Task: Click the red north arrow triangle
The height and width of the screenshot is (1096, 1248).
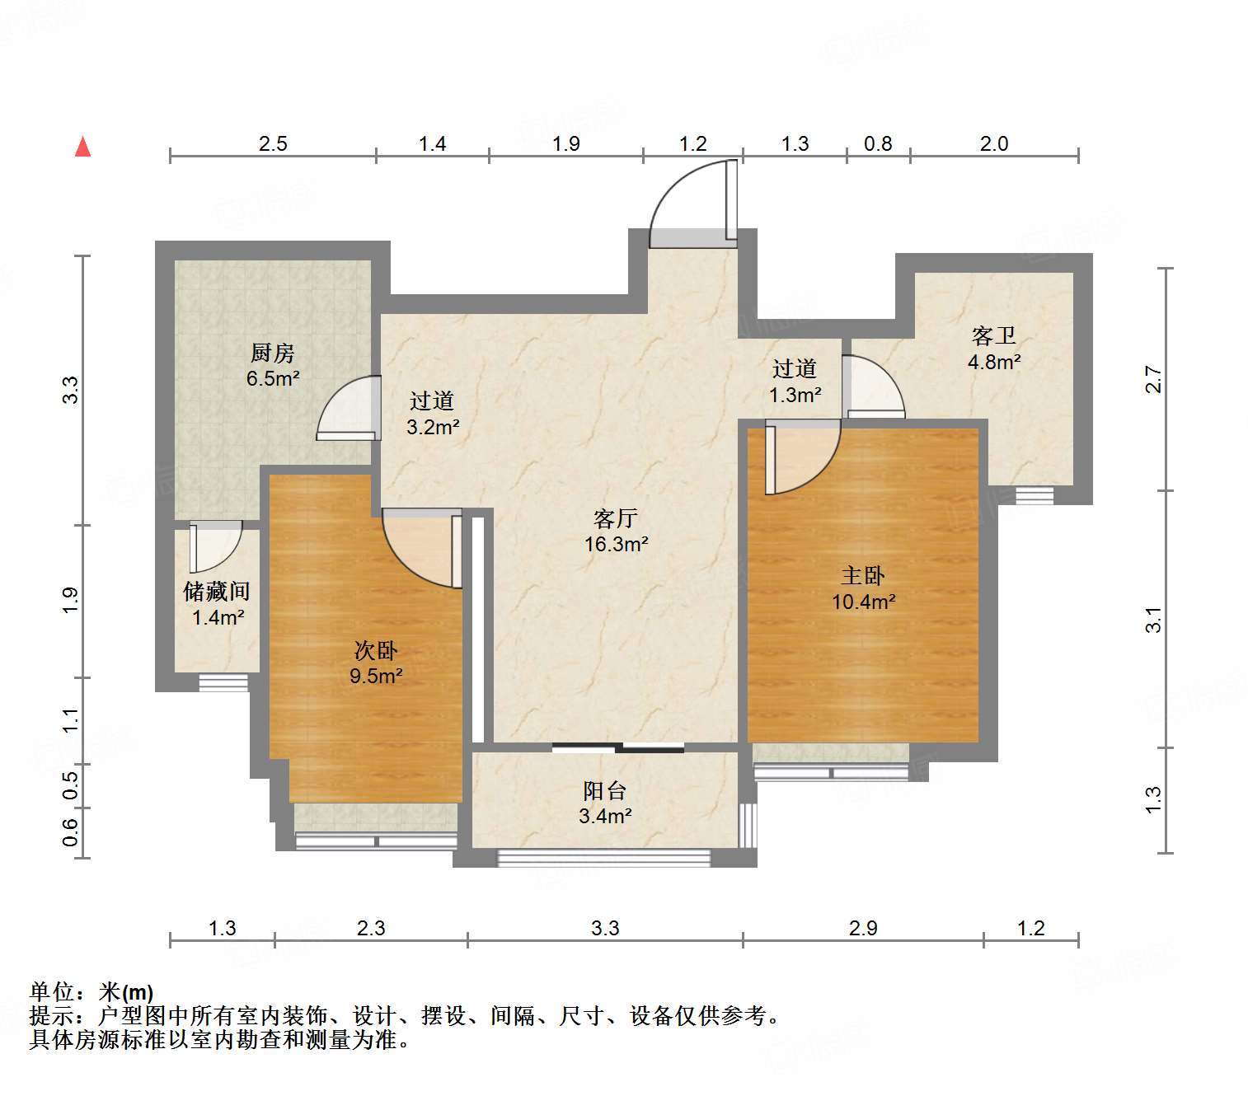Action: (83, 148)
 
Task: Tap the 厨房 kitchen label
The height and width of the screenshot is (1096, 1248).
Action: (272, 353)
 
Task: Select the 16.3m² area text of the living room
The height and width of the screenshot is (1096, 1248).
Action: (616, 545)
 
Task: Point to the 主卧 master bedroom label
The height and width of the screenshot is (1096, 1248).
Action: (863, 576)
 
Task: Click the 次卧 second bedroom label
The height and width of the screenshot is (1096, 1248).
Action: (376, 650)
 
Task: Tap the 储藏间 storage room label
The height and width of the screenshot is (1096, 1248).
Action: (217, 591)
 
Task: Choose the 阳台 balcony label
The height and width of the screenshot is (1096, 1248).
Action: (605, 790)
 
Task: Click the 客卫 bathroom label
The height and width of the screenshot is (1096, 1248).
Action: (993, 335)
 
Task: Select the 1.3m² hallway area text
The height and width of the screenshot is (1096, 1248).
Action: (795, 395)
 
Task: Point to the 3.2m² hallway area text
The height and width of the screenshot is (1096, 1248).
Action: (433, 427)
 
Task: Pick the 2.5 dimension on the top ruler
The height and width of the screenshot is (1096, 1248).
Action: (273, 143)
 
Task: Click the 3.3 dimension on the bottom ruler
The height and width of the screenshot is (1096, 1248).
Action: (605, 928)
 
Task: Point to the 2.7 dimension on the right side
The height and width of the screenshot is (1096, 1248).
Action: (1153, 379)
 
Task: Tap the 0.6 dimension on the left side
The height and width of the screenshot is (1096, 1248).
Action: (71, 832)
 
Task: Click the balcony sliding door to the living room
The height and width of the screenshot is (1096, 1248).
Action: (618, 749)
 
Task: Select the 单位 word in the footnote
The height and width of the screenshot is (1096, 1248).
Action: (53, 992)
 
